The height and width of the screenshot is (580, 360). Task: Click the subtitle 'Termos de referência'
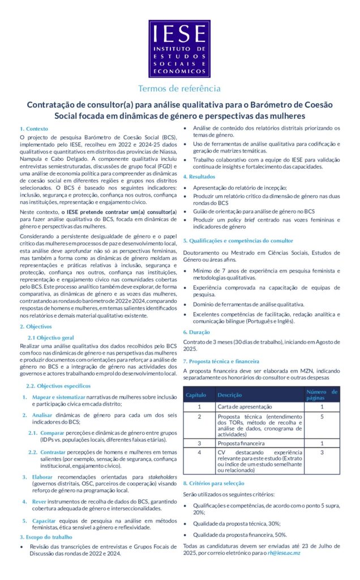point(179,88)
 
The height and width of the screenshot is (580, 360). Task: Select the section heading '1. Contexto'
point(34,129)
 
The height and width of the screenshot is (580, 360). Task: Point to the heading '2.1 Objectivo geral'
point(51,337)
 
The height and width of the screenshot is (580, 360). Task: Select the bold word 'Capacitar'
point(44,519)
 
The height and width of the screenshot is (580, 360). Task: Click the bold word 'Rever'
point(39,501)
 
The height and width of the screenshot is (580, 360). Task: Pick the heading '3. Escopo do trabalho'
point(46,536)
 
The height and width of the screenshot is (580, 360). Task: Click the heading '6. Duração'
point(196,332)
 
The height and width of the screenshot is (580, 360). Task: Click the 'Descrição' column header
point(230,394)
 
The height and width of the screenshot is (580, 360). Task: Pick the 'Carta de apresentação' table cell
point(243,406)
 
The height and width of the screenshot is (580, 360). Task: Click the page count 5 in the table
point(322,417)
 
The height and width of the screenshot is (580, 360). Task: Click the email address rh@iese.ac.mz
point(284,552)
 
